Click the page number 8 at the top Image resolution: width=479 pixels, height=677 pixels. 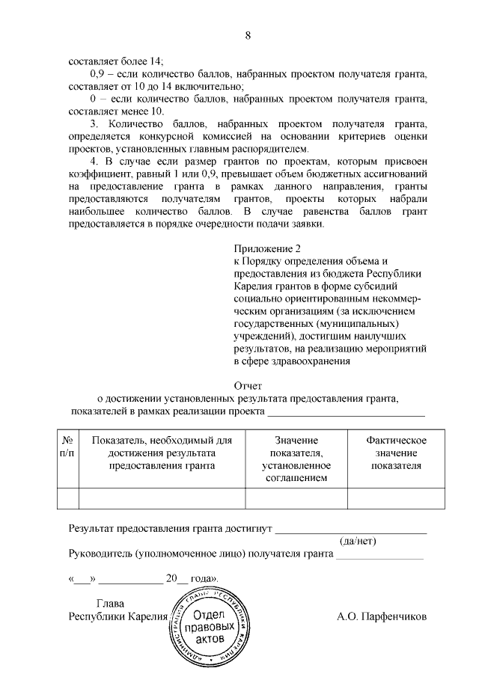pyautogui.click(x=248, y=35)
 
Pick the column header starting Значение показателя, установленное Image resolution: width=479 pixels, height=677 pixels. pyautogui.click(x=296, y=459)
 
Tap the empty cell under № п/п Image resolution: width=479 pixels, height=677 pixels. pyautogui.click(x=67, y=497)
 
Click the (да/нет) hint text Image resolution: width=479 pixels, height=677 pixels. pyautogui.click(x=358, y=541)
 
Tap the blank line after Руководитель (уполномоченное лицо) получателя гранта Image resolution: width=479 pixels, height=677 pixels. pyautogui.click(x=379, y=556)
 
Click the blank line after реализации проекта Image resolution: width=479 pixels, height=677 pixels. pyautogui.click(x=346, y=411)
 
